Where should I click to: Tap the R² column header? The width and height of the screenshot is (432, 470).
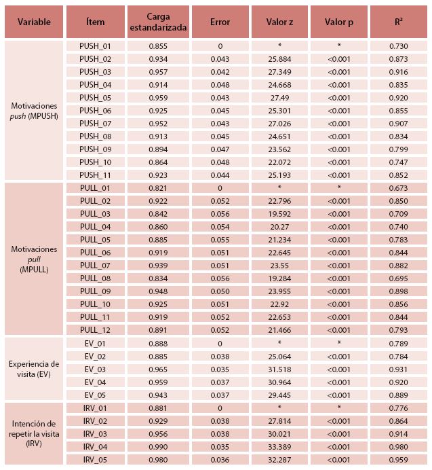pos(399,22)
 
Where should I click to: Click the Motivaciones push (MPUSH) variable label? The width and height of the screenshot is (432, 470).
pos(34,110)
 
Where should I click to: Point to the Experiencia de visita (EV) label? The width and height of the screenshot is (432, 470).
pos(34,369)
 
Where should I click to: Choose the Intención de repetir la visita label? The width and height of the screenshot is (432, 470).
pos(34,433)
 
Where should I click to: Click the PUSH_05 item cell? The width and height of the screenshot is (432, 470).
pos(95,97)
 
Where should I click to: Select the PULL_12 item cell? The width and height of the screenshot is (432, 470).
pos(95,329)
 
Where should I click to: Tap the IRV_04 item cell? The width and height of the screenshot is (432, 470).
pos(95,446)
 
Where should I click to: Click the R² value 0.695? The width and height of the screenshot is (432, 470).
pos(399,278)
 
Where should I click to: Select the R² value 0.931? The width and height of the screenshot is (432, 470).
pos(399,369)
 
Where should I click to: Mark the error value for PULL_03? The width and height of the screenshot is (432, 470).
pos(220,213)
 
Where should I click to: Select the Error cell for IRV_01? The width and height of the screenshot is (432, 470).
pos(220,408)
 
